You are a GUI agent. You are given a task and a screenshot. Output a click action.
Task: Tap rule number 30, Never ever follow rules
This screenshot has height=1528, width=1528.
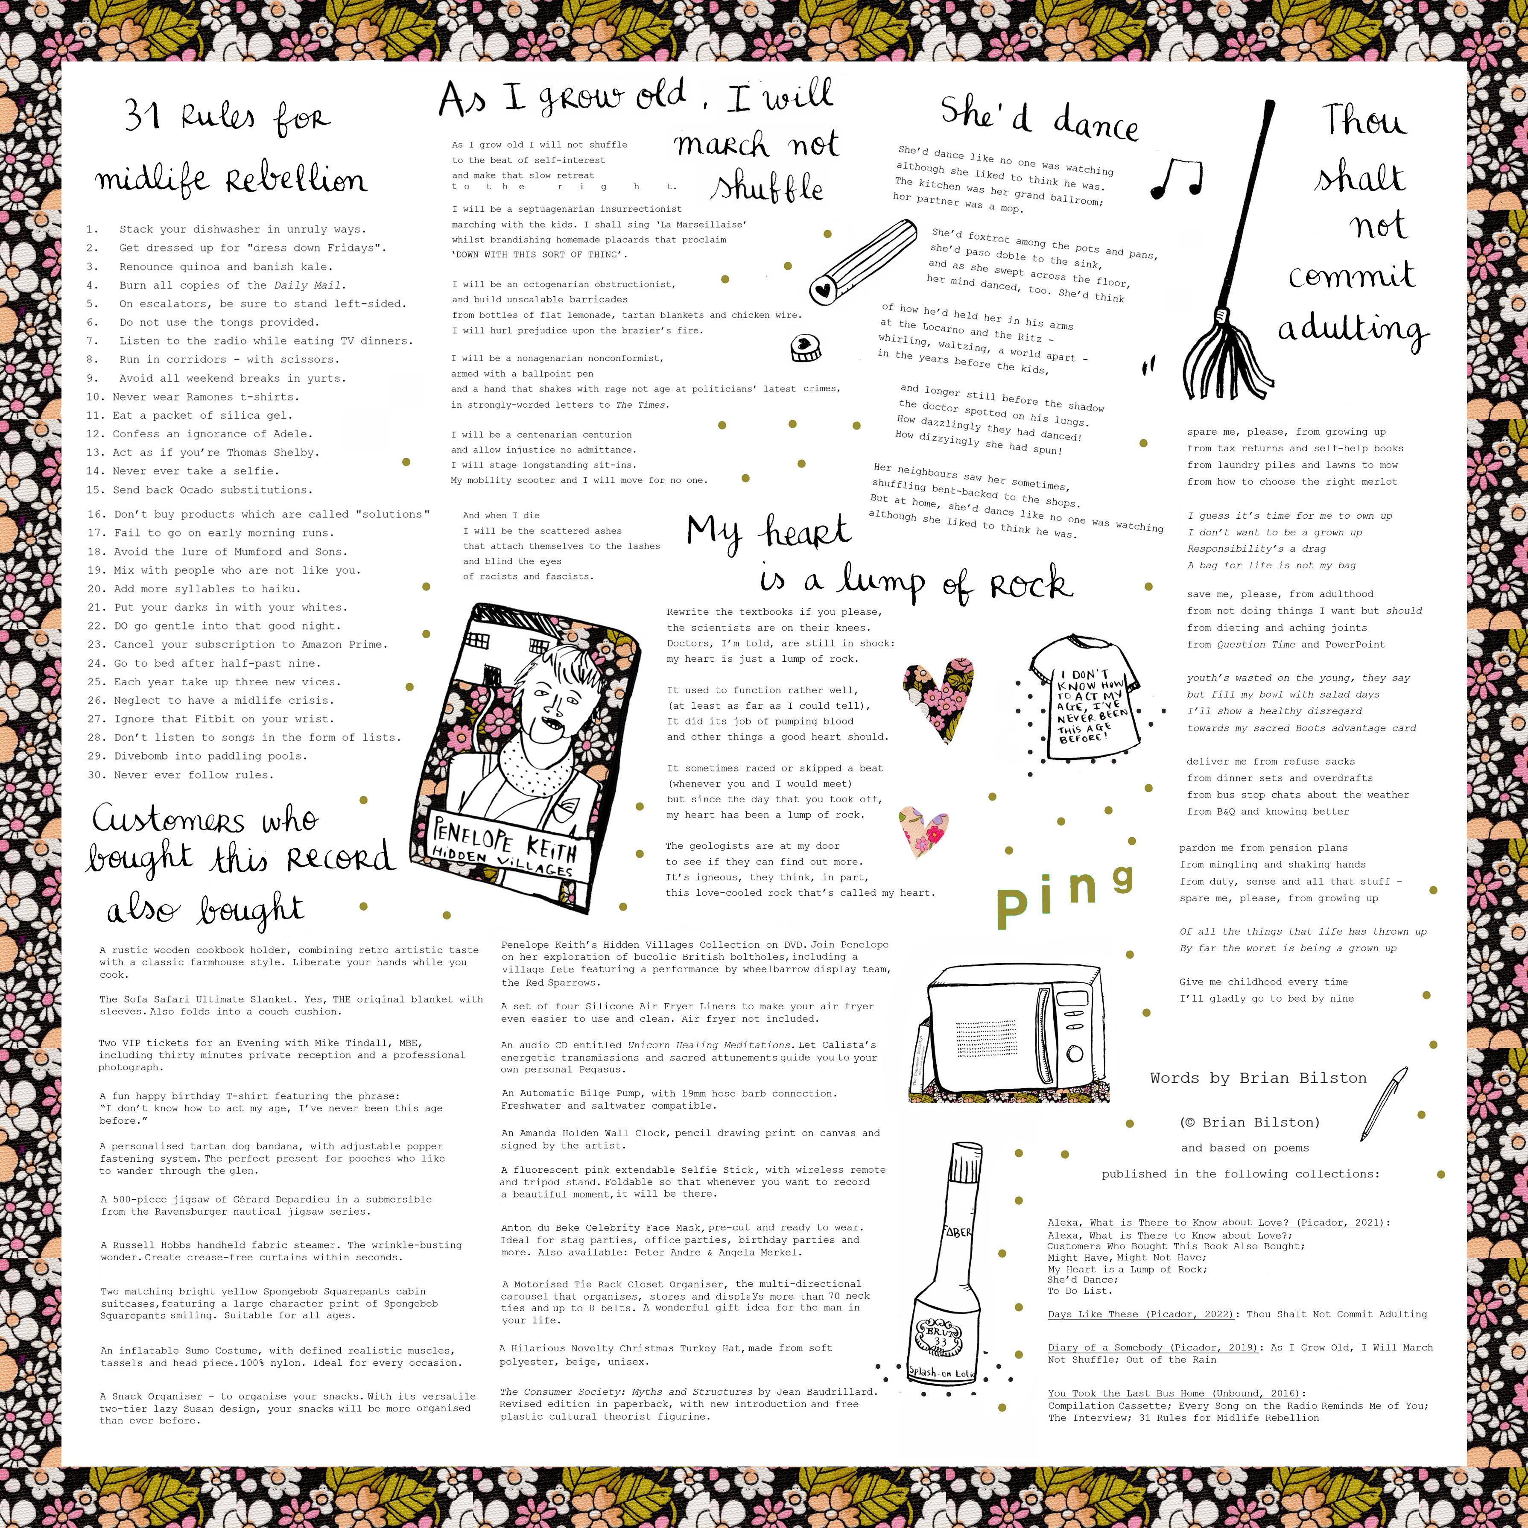tap(180, 775)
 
